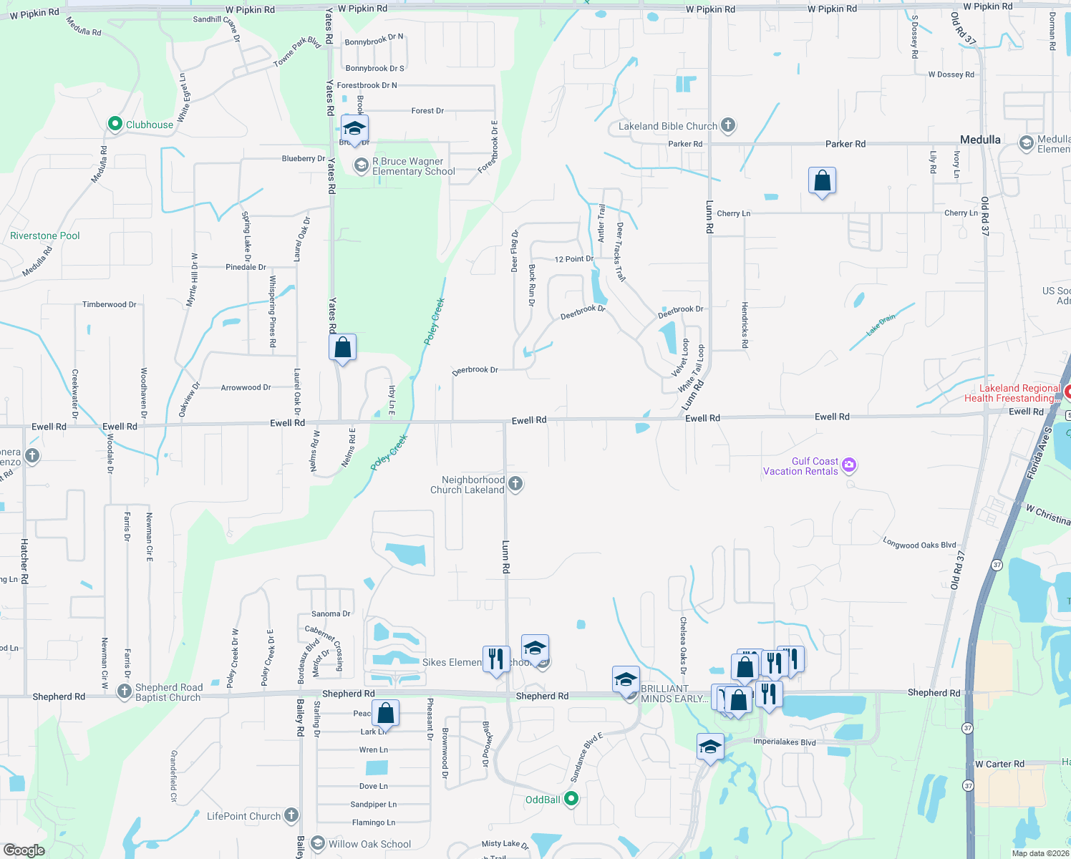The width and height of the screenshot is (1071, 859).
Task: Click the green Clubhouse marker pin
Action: [x=115, y=124]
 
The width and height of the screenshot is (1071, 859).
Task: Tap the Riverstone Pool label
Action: [x=44, y=236]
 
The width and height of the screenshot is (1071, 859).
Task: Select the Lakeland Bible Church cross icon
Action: [x=728, y=125]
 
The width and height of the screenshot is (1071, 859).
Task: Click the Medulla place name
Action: [x=980, y=140]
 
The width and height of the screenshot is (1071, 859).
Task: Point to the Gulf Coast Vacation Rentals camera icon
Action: [x=849, y=465]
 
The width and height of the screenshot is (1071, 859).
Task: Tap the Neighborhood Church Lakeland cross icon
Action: [x=515, y=485]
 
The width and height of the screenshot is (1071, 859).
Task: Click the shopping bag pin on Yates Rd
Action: [x=343, y=348]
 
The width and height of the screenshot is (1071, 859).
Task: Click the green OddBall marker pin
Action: [x=571, y=799]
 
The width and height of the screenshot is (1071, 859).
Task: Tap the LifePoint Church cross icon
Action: [x=291, y=815]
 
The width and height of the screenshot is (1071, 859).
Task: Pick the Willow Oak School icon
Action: [x=318, y=844]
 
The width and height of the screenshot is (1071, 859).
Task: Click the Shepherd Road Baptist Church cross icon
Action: [x=125, y=691]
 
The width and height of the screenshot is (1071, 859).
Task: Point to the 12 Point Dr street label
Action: [x=574, y=259]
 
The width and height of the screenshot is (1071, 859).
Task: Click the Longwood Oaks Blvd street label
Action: [x=919, y=544]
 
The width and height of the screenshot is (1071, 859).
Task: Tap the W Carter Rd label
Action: [x=999, y=764]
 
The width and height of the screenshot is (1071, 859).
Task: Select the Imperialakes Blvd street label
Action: [x=784, y=742]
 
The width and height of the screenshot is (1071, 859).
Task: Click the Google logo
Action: [x=24, y=850]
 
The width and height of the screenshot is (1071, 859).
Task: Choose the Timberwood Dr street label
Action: [x=109, y=304]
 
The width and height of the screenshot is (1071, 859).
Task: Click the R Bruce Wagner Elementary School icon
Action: [x=362, y=166]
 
